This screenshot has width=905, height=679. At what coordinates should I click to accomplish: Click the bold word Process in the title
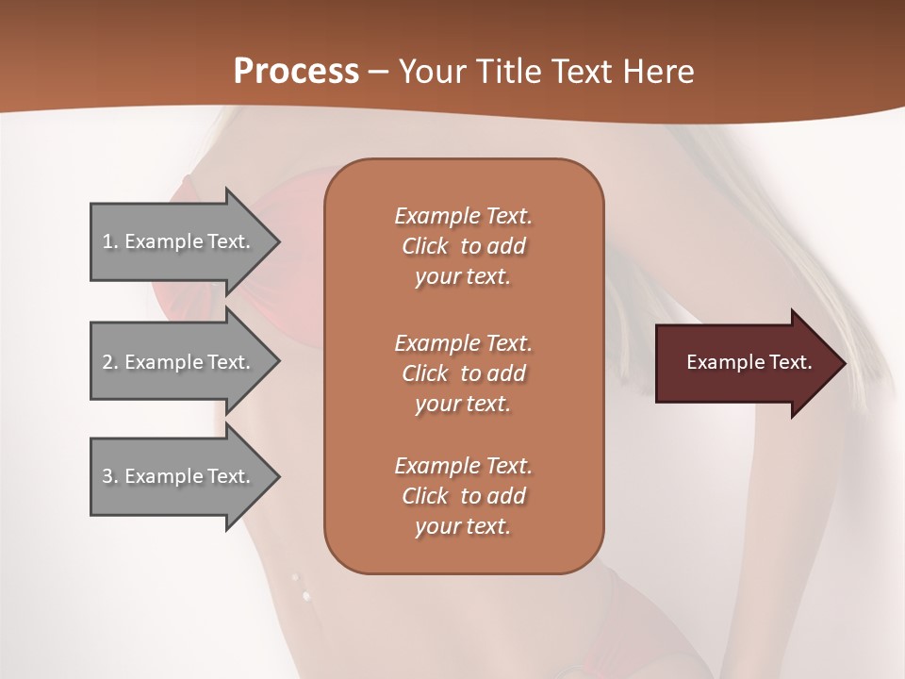(296, 72)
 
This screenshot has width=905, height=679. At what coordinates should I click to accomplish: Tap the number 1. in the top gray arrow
(110, 241)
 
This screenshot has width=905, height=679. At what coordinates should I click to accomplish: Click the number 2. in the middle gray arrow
(110, 362)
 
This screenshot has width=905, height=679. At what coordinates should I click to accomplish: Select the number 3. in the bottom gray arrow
(110, 476)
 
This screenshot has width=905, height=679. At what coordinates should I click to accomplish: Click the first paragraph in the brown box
(463, 246)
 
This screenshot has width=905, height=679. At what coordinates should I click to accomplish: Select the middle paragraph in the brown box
(463, 373)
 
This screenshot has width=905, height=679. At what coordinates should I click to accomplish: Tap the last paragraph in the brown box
(463, 496)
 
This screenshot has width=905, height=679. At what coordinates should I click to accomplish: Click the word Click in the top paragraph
(424, 247)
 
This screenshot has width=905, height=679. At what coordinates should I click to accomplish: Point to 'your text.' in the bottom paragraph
(463, 527)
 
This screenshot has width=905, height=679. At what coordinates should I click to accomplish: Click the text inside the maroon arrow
(749, 362)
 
